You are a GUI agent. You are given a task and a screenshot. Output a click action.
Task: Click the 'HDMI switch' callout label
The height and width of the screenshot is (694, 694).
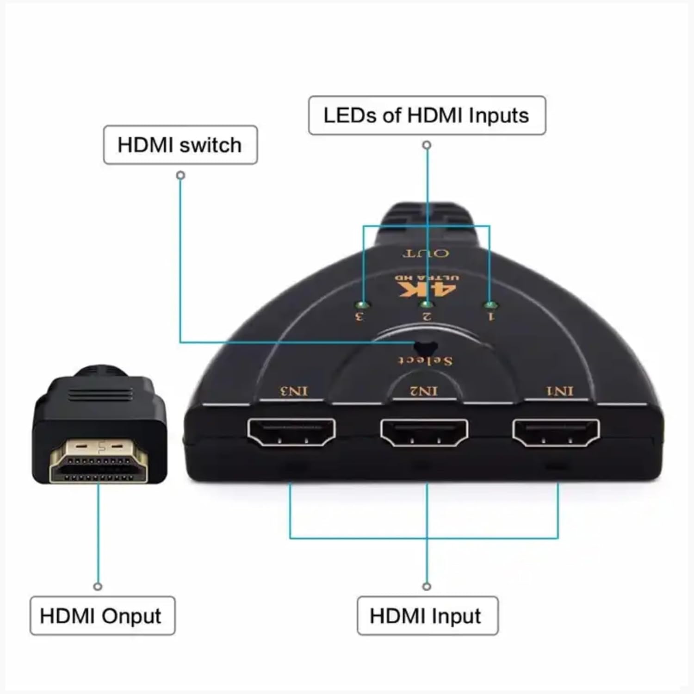click(x=180, y=145)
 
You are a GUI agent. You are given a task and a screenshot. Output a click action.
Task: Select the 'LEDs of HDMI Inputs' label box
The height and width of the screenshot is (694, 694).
click(x=427, y=115)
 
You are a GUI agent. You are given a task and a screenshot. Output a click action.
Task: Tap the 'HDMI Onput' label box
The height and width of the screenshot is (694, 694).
click(x=102, y=616)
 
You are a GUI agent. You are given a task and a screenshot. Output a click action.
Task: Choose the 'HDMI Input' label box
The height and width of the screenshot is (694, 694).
click(x=428, y=616)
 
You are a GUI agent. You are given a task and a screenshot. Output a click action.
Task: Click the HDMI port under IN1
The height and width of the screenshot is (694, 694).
click(x=556, y=432)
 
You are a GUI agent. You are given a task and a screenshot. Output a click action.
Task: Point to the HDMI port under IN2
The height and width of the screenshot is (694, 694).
click(x=424, y=432)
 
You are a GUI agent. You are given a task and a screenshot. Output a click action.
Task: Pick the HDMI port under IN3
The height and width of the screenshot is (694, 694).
click(x=291, y=432)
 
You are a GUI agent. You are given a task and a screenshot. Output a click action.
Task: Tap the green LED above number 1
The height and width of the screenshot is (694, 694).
click(x=490, y=305)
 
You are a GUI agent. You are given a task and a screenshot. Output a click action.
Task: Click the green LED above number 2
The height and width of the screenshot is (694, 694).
click(x=427, y=304)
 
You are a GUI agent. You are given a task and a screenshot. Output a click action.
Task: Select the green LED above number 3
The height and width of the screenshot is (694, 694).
click(x=364, y=305)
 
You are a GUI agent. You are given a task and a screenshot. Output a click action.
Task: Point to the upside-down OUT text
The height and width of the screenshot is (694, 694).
click(x=426, y=253)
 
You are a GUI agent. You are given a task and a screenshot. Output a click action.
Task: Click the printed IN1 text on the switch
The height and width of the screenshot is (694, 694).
click(x=560, y=391)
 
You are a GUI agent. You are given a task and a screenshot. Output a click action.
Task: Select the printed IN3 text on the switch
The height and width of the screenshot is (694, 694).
click(x=294, y=391)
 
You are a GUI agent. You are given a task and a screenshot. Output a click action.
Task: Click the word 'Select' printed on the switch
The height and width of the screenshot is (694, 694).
click(x=426, y=360)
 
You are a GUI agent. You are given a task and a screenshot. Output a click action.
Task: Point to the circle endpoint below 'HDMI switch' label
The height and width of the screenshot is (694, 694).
click(x=181, y=175)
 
